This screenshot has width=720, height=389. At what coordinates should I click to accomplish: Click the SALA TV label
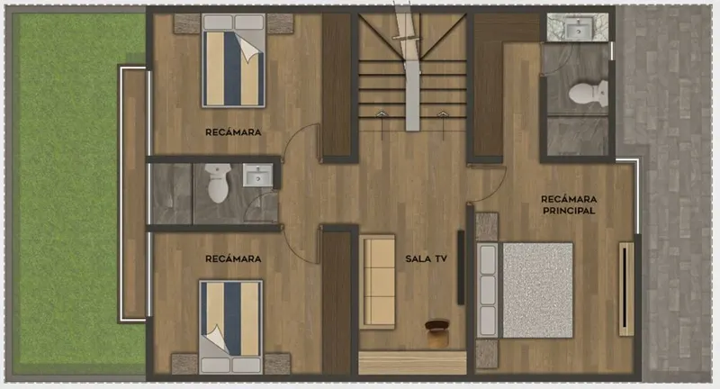tap(426, 259)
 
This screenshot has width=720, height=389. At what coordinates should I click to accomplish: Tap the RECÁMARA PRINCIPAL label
tap(569, 204)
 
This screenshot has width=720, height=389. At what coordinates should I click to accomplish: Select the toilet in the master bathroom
tap(589, 94)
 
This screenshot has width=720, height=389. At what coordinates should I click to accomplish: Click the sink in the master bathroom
tap(578, 30)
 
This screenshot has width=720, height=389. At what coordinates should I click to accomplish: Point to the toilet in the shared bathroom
tap(218, 183)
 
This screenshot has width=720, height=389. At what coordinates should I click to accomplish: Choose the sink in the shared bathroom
tap(257, 176)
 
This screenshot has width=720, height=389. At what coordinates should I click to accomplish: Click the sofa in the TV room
tap(377, 282)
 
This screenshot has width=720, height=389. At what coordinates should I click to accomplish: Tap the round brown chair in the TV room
tap(436, 333)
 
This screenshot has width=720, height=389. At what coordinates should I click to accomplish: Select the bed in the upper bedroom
tap(234, 60)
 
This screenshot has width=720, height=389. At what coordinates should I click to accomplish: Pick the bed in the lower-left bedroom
tap(231, 327)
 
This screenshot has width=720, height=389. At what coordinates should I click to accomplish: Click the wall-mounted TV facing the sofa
tap(461, 267)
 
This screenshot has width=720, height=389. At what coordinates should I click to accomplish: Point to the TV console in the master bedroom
tap(625, 289)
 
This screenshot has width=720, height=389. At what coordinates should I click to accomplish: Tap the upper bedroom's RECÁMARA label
tap(233, 132)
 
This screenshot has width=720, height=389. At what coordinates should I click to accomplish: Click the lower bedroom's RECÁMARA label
tap(233, 259)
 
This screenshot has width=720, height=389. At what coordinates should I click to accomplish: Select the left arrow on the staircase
tap(381, 125)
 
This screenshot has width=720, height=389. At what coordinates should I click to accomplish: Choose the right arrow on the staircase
tap(443, 125)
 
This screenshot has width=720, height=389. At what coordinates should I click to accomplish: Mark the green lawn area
tap(78, 193)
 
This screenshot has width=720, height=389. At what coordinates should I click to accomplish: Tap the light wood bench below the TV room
tap(412, 363)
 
